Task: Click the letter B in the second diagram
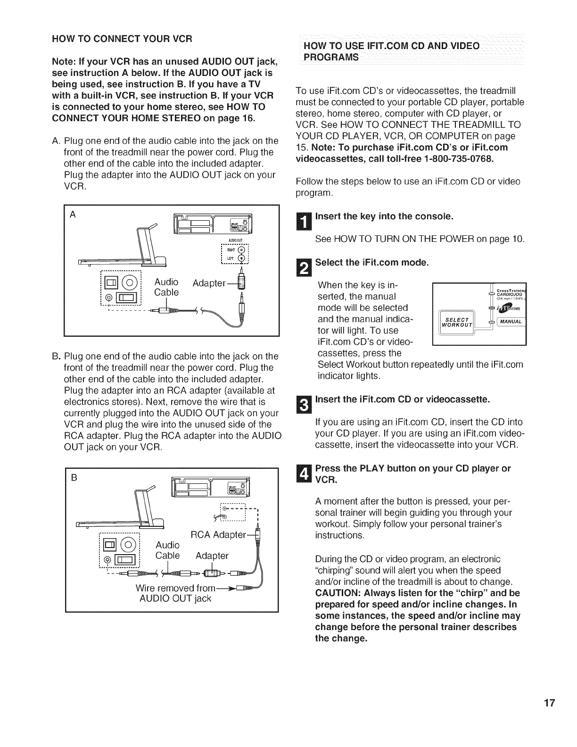tap(73, 477)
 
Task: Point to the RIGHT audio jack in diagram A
tap(242, 250)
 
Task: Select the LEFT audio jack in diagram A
tap(242, 259)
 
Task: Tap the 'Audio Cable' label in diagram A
tap(166, 287)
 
